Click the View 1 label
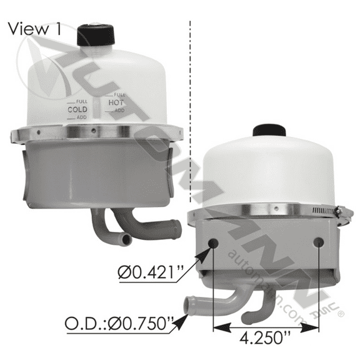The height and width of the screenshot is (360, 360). [36, 29]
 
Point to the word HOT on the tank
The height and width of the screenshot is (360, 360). [116, 102]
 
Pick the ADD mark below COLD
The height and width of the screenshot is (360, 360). [81, 117]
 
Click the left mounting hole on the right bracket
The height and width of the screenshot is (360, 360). [215, 242]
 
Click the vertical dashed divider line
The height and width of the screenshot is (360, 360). [189, 94]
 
